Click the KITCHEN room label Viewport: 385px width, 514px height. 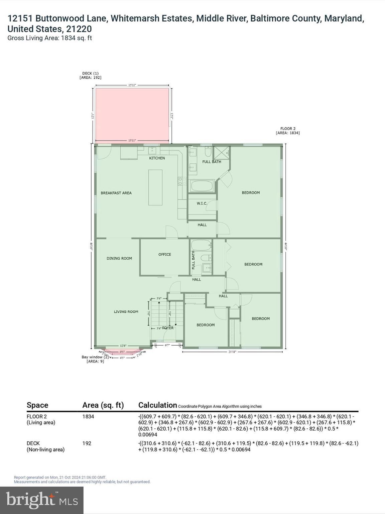157,158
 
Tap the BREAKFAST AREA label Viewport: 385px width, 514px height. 116,193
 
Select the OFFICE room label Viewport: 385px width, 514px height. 164,255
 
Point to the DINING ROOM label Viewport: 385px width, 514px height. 119,258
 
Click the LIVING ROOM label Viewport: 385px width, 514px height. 126,312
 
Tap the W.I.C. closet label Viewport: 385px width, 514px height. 202,203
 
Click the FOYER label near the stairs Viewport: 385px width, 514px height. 168,328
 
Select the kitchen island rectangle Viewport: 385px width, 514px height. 155,187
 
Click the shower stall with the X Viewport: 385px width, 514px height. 222,153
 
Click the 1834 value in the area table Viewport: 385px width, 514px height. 88,417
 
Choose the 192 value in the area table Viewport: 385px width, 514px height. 87,443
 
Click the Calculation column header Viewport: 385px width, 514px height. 157,405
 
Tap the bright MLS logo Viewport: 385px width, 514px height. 42,500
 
